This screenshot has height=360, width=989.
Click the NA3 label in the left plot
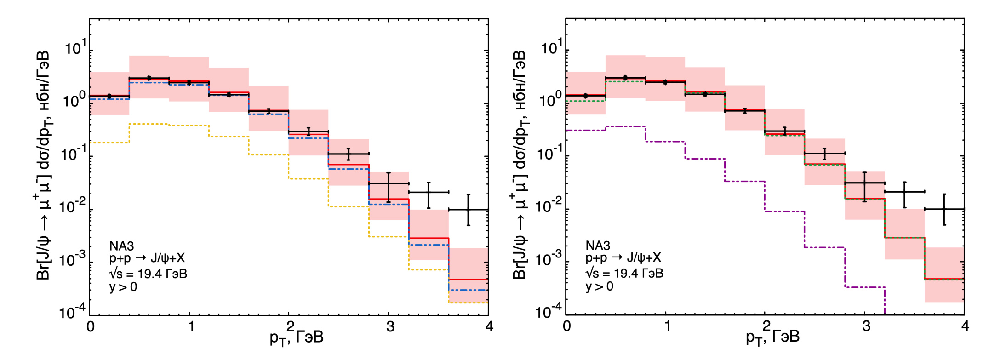pyautogui.click(x=121, y=246)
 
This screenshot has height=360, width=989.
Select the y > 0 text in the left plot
pyautogui.click(x=123, y=287)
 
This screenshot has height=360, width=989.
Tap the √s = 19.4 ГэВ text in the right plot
pyautogui.click(x=624, y=273)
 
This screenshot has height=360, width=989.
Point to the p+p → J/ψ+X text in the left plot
pyautogui.click(x=147, y=258)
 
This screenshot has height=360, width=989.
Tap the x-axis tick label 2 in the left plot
pyautogui.click(x=290, y=326)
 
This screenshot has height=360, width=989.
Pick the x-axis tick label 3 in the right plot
pyautogui.click(x=866, y=326)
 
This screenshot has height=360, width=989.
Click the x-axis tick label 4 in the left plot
pyautogui.click(x=489, y=326)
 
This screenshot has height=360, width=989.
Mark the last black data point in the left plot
pyautogui.click(x=469, y=210)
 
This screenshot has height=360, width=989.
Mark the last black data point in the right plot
pyautogui.click(x=944, y=209)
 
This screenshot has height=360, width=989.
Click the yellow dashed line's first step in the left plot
pyautogui.click(x=109, y=143)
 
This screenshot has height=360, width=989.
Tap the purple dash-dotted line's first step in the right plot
pyautogui.click(x=585, y=130)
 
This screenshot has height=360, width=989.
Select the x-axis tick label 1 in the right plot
pyautogui.click(x=667, y=326)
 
